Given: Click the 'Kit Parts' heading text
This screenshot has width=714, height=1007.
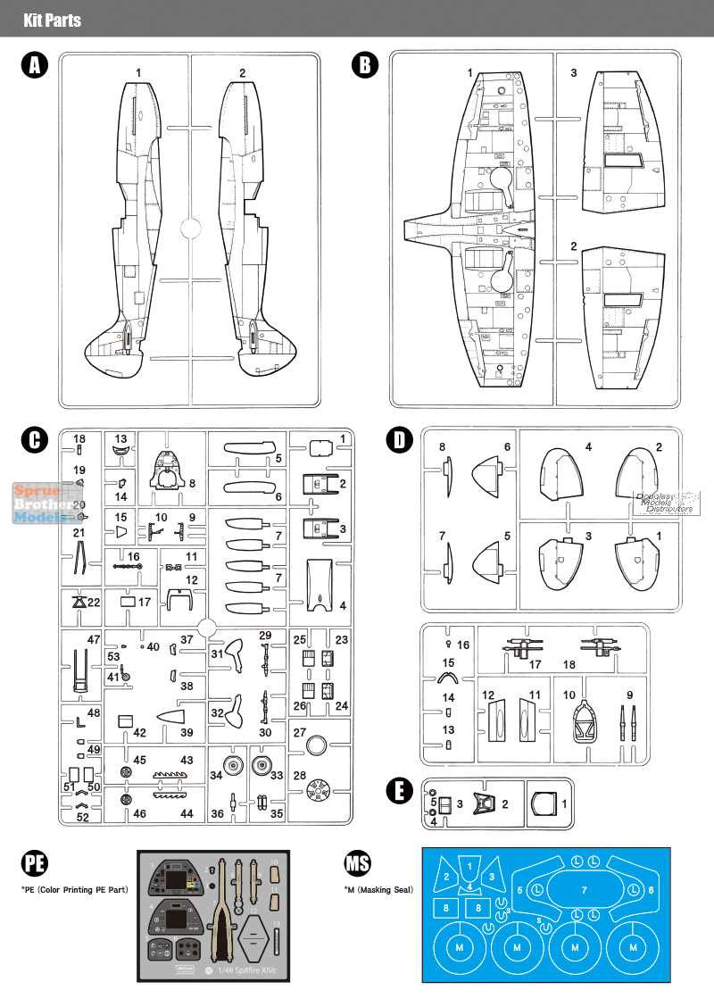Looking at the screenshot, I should pos(52,19).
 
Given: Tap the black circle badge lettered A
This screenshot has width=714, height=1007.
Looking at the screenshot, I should pos(35,66).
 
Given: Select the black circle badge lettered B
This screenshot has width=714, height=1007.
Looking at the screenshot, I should pos(365,66).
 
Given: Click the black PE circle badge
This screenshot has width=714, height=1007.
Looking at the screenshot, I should pos(35,863).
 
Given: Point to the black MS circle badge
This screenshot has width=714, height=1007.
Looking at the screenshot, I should pos(358,863).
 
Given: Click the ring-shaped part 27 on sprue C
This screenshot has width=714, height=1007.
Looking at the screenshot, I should pos(316,746).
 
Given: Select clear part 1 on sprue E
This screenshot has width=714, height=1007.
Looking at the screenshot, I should pos(544,804).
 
